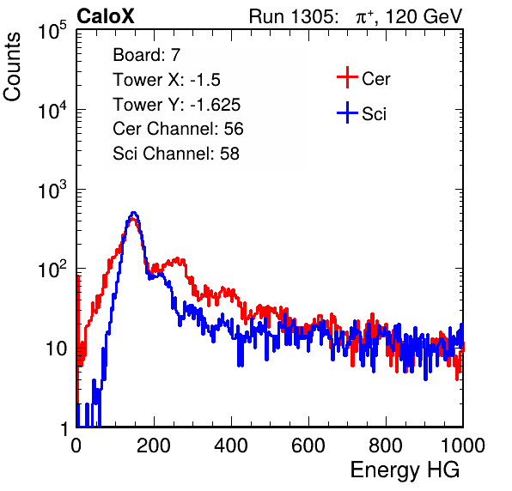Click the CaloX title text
(105, 16)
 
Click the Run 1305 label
(293, 16)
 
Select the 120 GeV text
(424, 16)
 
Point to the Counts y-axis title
(12, 67)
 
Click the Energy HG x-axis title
(405, 470)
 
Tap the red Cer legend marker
(347, 77)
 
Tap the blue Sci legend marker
(347, 112)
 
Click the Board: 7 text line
(147, 55)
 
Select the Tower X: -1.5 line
(167, 80)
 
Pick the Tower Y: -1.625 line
(177, 105)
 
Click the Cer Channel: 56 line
(178, 129)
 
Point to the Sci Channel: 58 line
(176, 154)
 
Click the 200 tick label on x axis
(154, 446)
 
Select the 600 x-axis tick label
(308, 446)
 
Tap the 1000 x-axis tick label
(463, 446)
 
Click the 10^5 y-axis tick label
(52, 31)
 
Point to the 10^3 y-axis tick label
(52, 191)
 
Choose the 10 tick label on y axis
(56, 349)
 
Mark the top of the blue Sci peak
(133, 213)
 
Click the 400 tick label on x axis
(231, 446)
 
